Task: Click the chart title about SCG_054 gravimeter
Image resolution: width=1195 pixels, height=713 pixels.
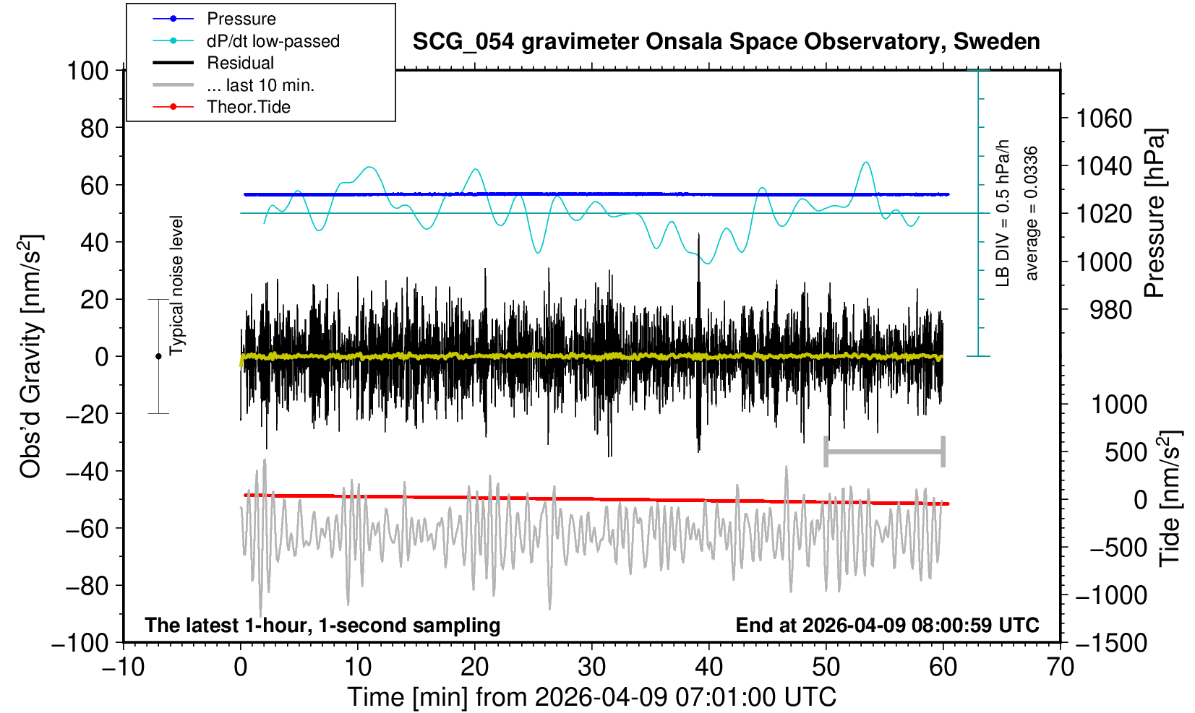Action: [726, 42]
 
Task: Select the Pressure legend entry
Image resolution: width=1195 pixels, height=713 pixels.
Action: [241, 19]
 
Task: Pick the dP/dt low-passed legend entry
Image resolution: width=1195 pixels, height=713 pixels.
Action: [273, 41]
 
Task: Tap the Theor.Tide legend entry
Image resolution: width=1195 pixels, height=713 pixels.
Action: [248, 107]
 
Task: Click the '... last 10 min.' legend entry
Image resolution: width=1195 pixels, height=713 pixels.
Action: [260, 85]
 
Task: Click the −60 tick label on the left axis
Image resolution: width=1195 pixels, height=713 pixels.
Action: [86, 529]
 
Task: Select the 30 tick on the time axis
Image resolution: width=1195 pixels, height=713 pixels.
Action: [591, 667]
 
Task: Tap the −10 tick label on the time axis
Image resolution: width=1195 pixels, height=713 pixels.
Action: [122, 667]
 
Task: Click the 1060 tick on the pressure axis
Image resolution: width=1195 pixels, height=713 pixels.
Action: [1104, 118]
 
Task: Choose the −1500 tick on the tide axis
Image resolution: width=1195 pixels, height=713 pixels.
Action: [1111, 642]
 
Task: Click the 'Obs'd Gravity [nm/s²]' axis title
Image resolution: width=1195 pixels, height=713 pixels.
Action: [30, 356]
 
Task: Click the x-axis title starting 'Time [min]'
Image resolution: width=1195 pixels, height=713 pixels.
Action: [591, 697]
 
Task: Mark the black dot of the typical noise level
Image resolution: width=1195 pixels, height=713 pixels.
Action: [158, 356]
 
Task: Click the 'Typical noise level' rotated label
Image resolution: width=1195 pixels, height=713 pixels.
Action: [176, 285]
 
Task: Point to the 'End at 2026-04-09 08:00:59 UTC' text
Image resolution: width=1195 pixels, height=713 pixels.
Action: [887, 625]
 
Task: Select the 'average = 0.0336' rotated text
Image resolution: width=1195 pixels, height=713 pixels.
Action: [1032, 213]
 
